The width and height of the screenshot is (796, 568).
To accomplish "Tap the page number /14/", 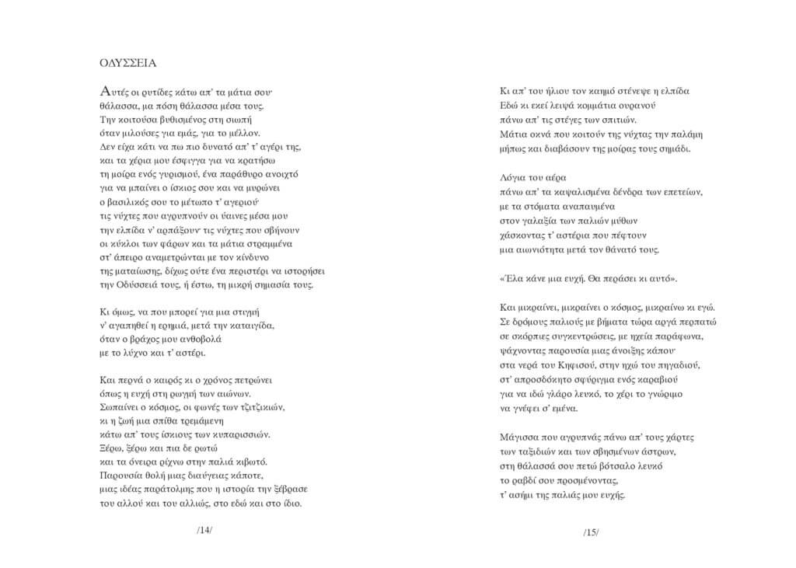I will (204, 531).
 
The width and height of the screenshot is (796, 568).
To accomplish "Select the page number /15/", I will (591, 532).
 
